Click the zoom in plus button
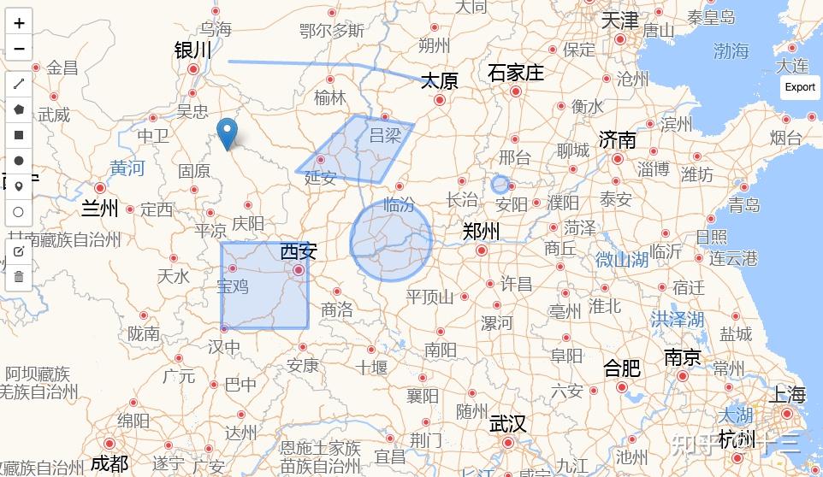[19, 23]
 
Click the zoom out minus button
[19, 48]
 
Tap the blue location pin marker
[227, 132]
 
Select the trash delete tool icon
[19, 276]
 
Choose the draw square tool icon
[19, 135]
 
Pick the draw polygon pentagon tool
[19, 109]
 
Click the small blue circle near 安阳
[500, 184]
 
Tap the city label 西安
[299, 251]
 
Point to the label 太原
[439, 81]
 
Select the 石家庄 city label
[516, 73]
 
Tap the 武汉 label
[507, 424]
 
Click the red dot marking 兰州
[100, 188]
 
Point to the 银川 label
[192, 50]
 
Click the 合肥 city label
[622, 368]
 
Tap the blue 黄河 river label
[127, 168]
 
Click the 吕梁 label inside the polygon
[385, 135]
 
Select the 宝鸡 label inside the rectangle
[233, 286]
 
